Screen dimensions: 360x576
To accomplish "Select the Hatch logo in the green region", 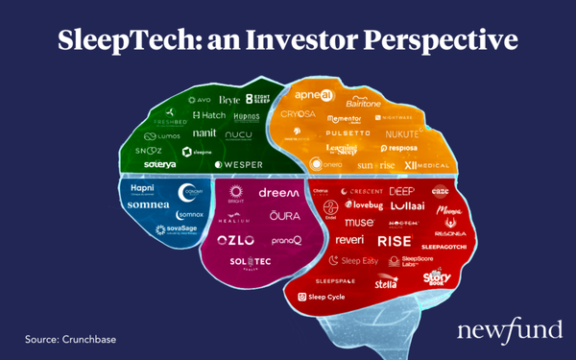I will [208, 115].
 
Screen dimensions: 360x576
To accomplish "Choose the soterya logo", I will [160, 164].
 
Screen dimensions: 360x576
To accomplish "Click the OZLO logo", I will [235, 239].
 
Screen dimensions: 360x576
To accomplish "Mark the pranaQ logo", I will [286, 240].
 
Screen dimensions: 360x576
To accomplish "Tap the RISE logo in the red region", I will [395, 240].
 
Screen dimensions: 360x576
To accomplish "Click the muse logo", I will [359, 222].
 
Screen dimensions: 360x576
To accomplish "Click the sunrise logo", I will [375, 164].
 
